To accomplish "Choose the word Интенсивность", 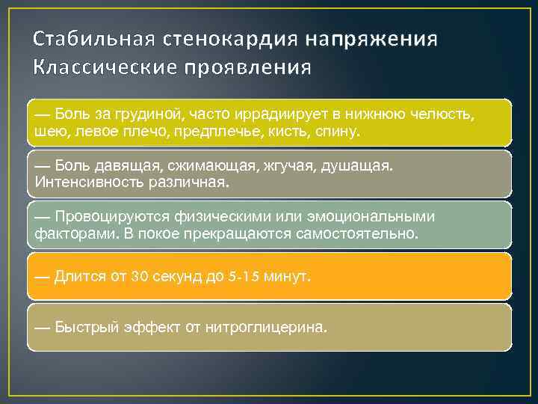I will pyautogui.click(x=81, y=182).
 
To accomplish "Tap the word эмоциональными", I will pyautogui.click(x=368, y=217).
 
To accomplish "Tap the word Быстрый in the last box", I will pyautogui.click(x=84, y=328).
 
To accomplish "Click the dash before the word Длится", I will pyautogui.click(x=42, y=277).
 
